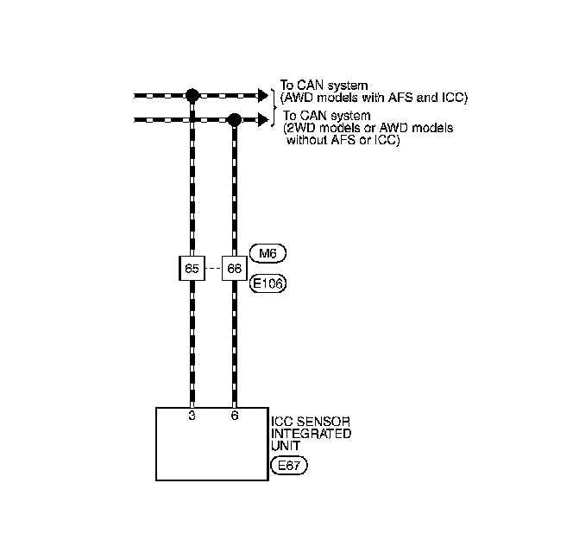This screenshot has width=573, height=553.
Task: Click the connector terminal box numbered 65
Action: point(192,268)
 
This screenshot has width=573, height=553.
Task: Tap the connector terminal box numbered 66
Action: point(234,268)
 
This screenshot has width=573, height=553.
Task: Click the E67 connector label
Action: point(288,466)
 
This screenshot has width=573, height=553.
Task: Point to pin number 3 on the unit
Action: point(192,416)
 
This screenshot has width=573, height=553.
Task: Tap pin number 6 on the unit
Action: point(234,416)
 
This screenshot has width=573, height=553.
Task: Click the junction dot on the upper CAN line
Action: point(192,93)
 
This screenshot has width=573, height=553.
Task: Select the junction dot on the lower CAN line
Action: point(234,119)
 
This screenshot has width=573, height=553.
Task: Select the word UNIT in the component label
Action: point(285,446)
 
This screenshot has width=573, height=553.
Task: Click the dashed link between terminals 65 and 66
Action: point(213,268)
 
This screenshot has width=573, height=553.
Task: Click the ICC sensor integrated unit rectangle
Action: point(211,449)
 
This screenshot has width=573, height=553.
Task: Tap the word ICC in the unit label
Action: point(281,422)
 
